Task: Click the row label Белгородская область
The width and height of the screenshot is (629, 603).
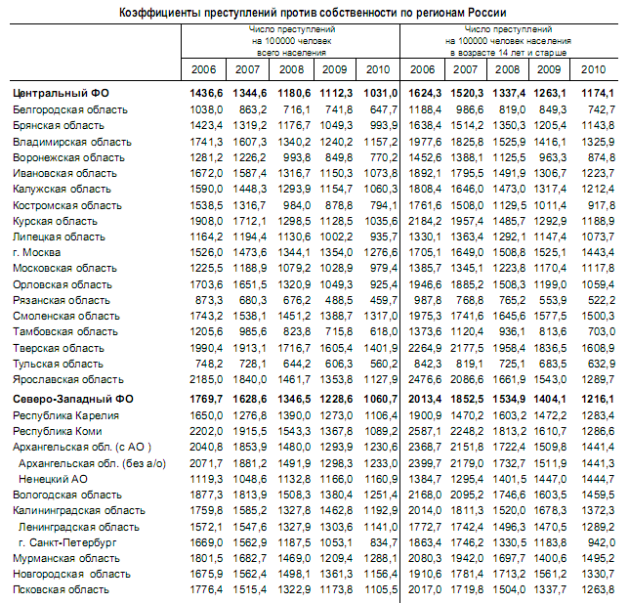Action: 70,110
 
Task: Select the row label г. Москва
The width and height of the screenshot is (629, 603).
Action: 36,252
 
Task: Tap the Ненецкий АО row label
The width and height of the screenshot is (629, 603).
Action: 53,479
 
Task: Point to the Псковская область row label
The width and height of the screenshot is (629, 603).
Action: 61,589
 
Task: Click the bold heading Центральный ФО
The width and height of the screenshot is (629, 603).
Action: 61,93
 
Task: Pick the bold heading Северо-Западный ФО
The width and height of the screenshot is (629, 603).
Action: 73,399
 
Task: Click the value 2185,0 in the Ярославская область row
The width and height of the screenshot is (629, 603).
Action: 206,379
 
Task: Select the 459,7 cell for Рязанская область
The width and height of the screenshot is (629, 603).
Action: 384,300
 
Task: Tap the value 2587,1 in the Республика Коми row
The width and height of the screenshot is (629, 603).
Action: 425,431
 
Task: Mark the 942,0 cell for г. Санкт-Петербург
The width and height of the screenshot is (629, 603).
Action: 602,542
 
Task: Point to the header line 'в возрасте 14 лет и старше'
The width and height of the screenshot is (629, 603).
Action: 508,53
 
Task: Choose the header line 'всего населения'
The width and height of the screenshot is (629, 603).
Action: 292,53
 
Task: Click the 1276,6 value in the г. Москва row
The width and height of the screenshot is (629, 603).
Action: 381,252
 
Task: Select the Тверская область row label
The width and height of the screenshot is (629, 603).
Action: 59,348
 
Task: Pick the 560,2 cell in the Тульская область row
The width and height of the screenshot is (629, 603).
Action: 384,364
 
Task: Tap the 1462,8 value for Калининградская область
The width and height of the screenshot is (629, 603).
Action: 336,511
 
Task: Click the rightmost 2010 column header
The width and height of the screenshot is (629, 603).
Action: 593,69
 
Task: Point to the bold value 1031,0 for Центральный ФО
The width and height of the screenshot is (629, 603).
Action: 381,93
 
